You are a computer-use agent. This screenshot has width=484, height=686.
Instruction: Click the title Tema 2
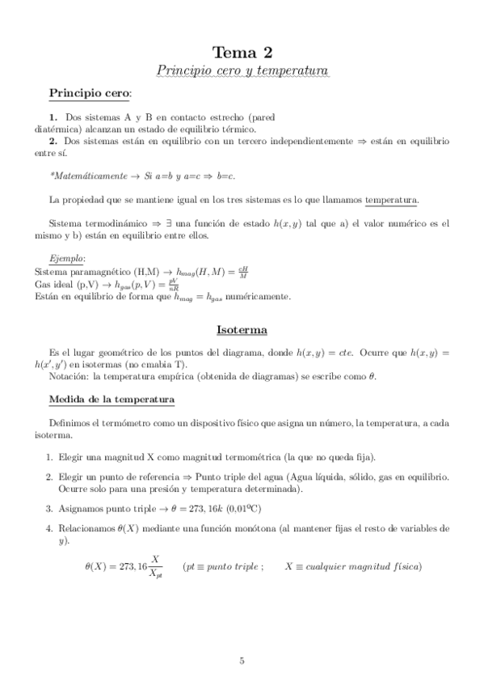pyautogui.click(x=242, y=53)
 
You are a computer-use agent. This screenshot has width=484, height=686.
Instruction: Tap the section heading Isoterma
pyautogui.click(x=242, y=330)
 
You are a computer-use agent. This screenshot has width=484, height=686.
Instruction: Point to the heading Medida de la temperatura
pyautogui.click(x=112, y=400)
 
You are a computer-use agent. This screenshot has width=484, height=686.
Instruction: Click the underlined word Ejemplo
pyautogui.click(x=67, y=258)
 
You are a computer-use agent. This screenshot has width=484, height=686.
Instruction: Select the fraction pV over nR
pyautogui.click(x=173, y=283)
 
